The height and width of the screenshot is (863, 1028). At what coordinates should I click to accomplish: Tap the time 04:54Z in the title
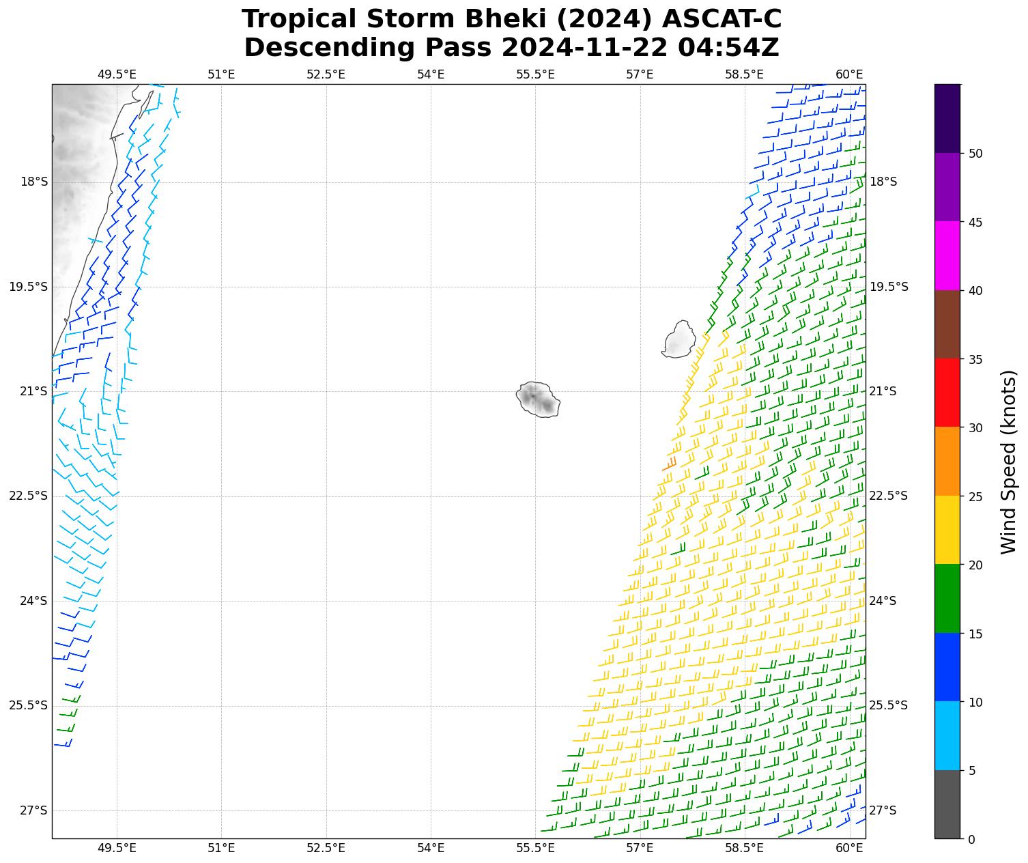728,48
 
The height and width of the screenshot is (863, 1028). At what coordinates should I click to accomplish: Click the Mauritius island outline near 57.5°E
679,339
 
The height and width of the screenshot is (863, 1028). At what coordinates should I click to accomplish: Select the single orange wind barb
670,464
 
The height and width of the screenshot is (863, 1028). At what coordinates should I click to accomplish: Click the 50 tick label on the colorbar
975,154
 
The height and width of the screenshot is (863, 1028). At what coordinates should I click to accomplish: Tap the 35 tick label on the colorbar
975,360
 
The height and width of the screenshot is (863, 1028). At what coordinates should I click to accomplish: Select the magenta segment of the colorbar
947,256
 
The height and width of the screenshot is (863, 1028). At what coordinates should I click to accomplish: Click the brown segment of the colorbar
947,325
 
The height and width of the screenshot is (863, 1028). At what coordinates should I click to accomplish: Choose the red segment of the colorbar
947,393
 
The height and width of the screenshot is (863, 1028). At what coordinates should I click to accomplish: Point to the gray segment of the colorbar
947,804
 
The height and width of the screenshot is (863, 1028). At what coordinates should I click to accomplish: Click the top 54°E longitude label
431,74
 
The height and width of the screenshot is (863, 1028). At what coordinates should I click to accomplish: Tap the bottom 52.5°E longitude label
326,848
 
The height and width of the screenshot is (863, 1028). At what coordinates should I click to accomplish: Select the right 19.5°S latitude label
889,287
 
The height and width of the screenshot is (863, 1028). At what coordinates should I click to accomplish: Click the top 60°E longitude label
849,74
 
